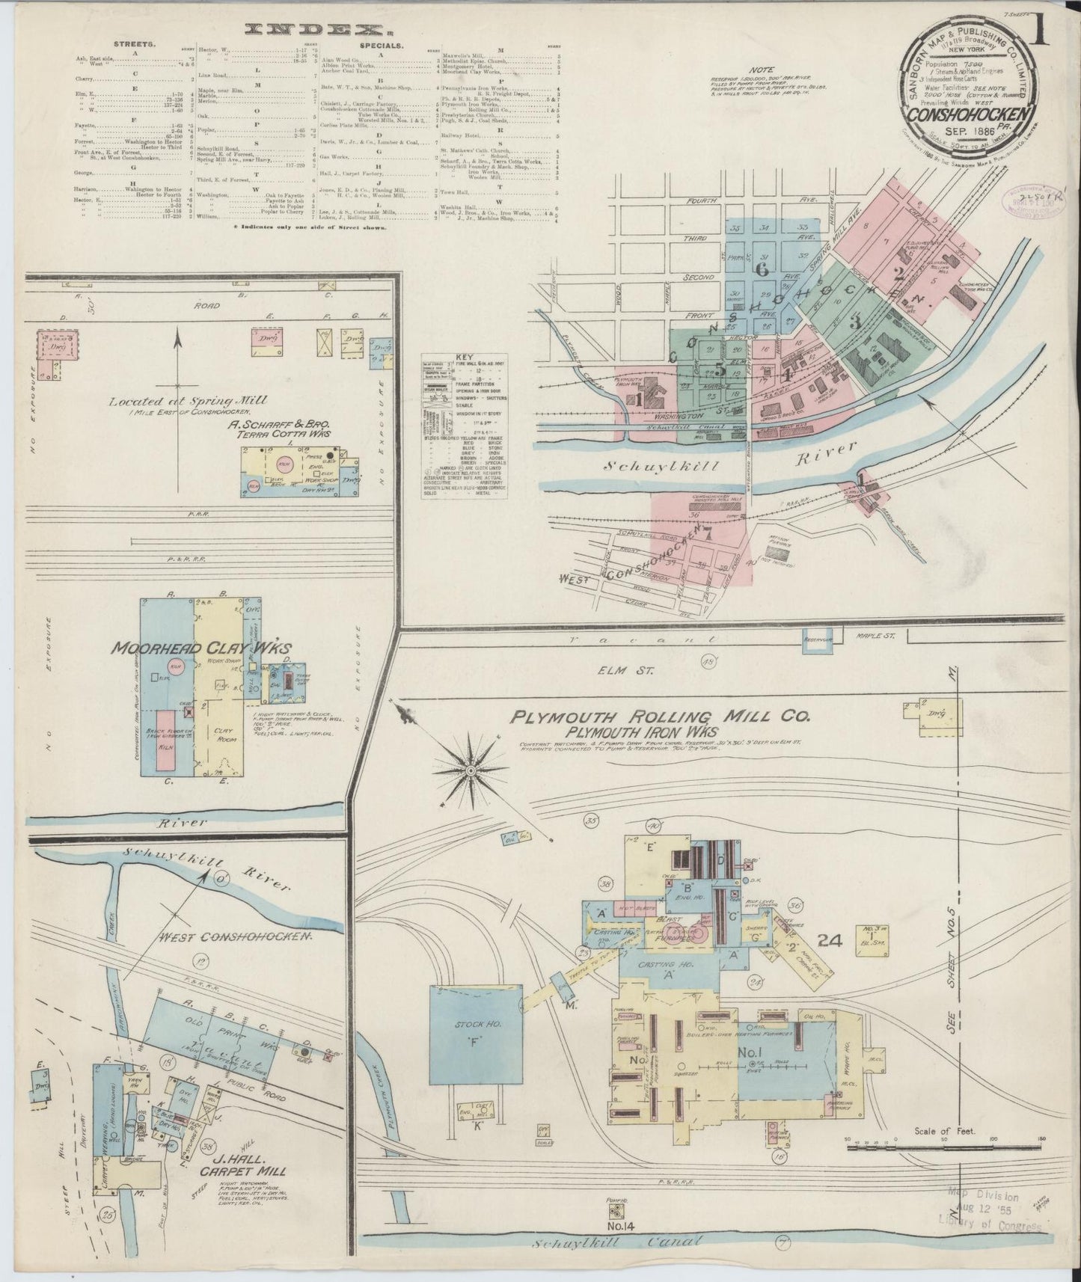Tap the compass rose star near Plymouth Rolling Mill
471,770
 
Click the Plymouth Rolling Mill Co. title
660,718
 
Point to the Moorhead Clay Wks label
201,648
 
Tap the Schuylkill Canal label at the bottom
619,1243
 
